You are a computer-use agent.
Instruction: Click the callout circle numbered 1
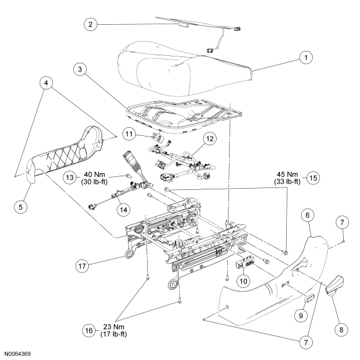(306, 57)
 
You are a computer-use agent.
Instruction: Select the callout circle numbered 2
(91, 24)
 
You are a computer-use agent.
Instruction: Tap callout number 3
(80, 69)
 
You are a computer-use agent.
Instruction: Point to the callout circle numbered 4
(46, 83)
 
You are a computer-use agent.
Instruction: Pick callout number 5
(20, 207)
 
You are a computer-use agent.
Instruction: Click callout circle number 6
(308, 215)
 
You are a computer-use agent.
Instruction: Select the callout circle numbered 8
(341, 330)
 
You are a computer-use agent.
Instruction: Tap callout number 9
(301, 316)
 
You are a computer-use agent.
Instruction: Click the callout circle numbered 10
(243, 281)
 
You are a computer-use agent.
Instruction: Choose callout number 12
(210, 138)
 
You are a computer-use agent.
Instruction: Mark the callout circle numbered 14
(124, 210)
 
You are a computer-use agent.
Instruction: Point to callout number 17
(82, 266)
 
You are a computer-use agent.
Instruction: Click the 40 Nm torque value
(94, 174)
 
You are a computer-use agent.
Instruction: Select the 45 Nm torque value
(287, 174)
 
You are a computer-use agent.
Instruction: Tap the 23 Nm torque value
(114, 326)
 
